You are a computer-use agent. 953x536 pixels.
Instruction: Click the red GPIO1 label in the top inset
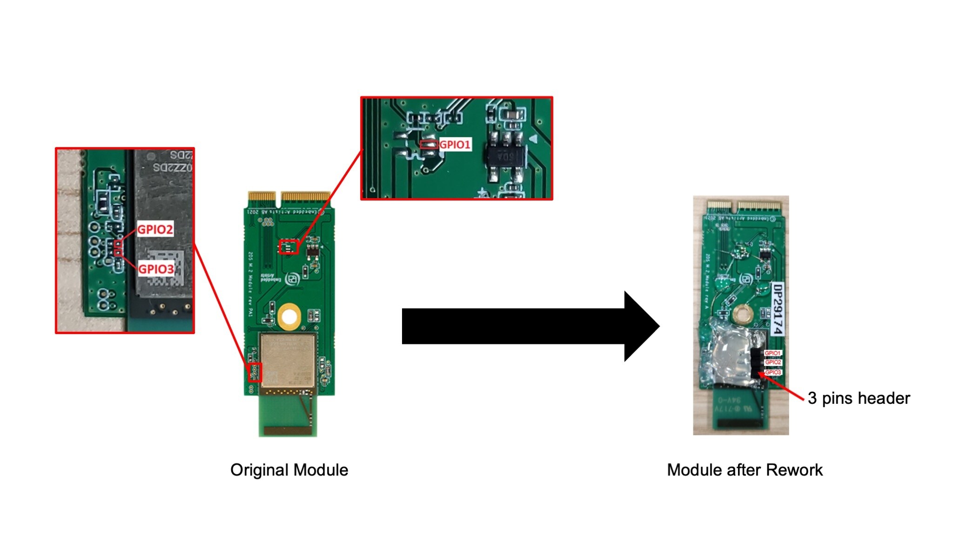pos(455,145)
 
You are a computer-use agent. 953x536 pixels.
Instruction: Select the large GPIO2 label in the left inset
pos(155,229)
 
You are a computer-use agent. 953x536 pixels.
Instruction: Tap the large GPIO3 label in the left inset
pos(156,269)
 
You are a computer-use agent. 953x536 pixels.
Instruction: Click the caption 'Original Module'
pos(289,470)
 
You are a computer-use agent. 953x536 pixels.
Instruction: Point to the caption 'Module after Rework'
pos(745,470)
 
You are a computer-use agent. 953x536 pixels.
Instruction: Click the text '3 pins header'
pos(859,398)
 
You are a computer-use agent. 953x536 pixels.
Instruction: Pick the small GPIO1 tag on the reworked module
pos(773,353)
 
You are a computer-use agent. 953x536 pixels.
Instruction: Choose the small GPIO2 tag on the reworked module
pos(773,362)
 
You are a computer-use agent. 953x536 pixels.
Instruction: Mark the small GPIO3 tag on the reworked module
pos(773,372)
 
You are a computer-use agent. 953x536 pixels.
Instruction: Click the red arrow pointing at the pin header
pos(782,386)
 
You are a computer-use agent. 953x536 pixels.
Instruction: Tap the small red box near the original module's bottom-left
pos(255,373)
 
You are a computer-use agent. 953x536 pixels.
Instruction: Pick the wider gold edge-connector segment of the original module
pos(306,197)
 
